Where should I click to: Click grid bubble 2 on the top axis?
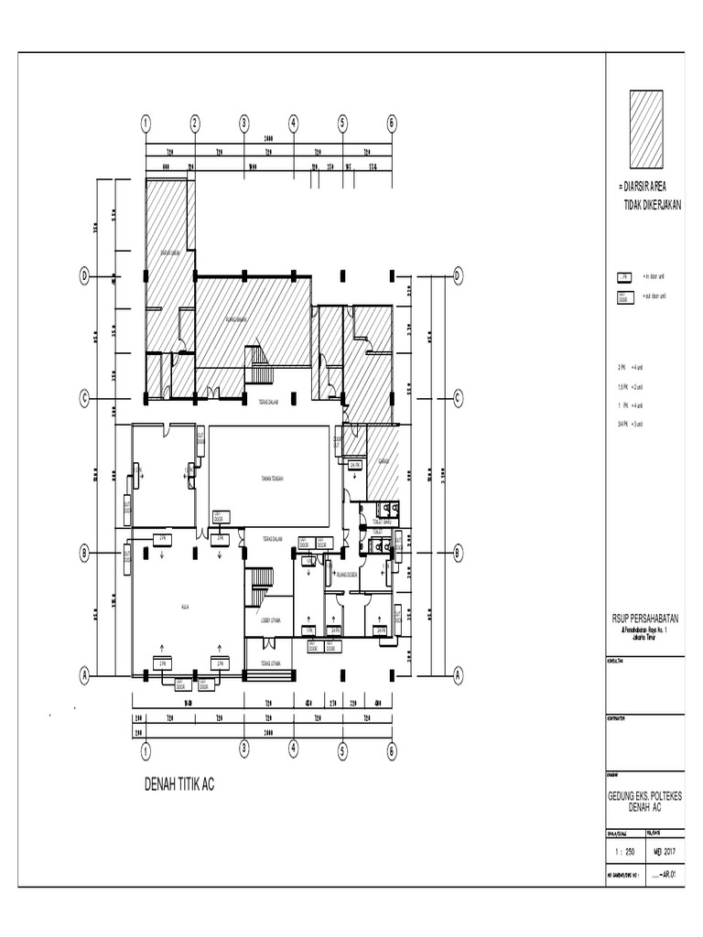pyautogui.click(x=194, y=124)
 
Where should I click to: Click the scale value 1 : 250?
pyautogui.click(x=624, y=850)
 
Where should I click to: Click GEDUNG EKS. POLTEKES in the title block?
pyautogui.click(x=644, y=796)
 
